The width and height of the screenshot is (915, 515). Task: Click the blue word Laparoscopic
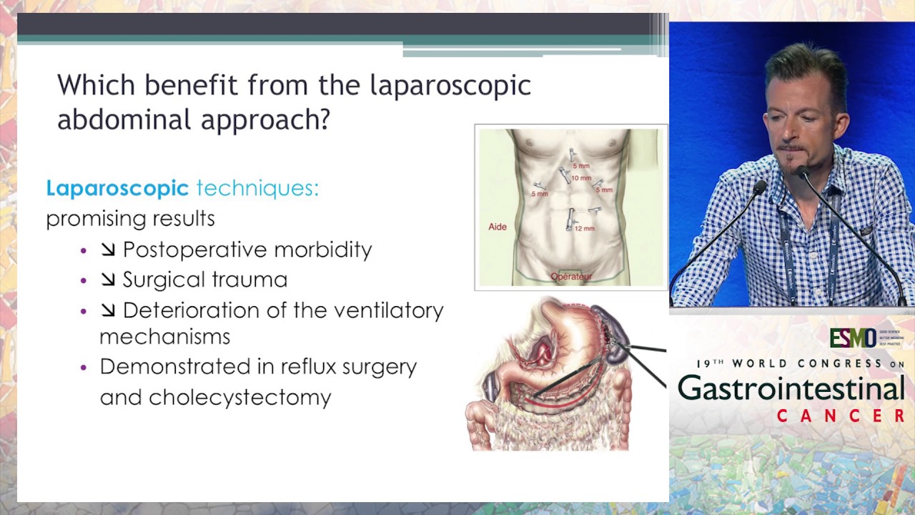coord(117,188)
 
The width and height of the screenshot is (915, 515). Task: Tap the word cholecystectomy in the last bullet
coord(240,398)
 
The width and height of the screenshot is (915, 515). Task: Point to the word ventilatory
coord(395,310)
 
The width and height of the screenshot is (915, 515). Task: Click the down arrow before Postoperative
coord(108,250)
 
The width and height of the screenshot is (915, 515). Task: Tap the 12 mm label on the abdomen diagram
coord(584,228)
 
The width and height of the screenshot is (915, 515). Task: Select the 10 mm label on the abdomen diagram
coord(581,178)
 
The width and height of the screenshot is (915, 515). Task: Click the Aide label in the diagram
coord(498,227)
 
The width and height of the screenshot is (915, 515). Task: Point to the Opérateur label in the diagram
coord(571,276)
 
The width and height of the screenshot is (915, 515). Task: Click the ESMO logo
coord(853,338)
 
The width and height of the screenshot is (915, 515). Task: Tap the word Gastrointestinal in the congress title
coord(791,388)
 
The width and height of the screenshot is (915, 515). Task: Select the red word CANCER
coord(841,416)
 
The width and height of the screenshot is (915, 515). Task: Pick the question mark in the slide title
coord(323,119)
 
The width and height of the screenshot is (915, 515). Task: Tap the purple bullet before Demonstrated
coord(84,367)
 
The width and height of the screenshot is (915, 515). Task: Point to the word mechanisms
coord(164,337)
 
